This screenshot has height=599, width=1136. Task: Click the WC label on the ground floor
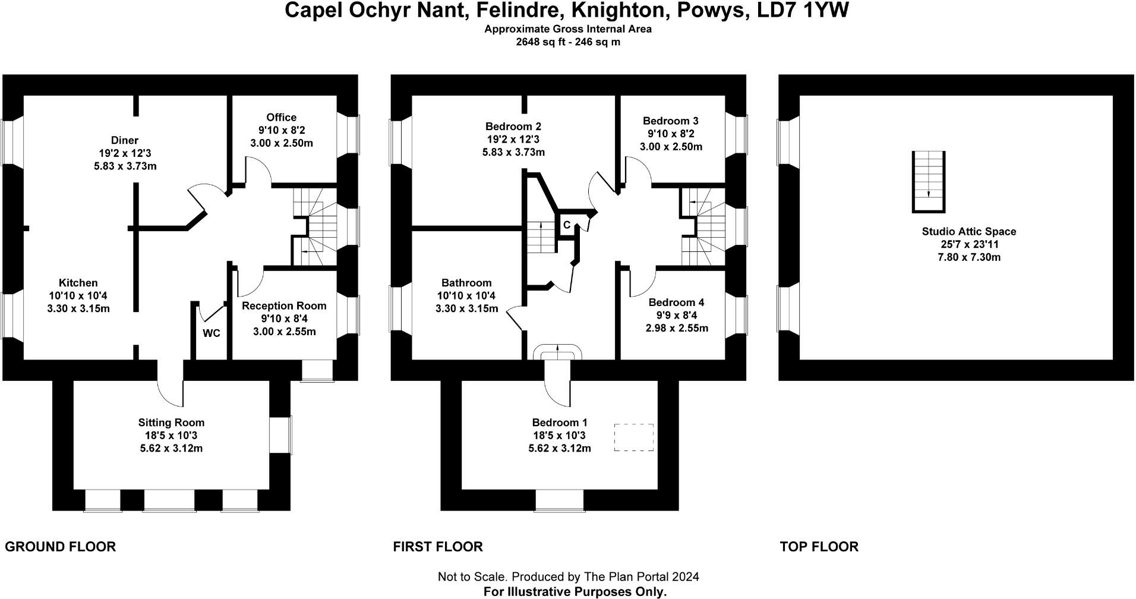[x=212, y=333]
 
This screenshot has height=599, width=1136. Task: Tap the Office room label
[x=281, y=117]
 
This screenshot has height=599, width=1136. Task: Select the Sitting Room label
[x=171, y=423]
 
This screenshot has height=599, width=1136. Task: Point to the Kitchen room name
[x=78, y=283]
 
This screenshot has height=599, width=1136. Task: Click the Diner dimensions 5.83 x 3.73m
[x=125, y=166]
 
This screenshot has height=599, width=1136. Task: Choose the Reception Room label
[x=284, y=305]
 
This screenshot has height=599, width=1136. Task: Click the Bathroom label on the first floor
[x=466, y=283]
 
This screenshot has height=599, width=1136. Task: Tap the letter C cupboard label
[x=567, y=225]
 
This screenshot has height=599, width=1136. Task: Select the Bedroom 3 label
[x=670, y=120]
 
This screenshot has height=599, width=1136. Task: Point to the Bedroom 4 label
[x=676, y=302]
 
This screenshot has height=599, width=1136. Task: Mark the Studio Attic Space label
[x=969, y=232]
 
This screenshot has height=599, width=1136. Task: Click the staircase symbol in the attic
[x=928, y=182]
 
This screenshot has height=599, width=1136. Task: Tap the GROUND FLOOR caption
[x=61, y=547]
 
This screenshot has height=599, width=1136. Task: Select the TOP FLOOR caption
[x=819, y=547]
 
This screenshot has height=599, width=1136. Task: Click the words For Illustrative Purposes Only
[x=575, y=592]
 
